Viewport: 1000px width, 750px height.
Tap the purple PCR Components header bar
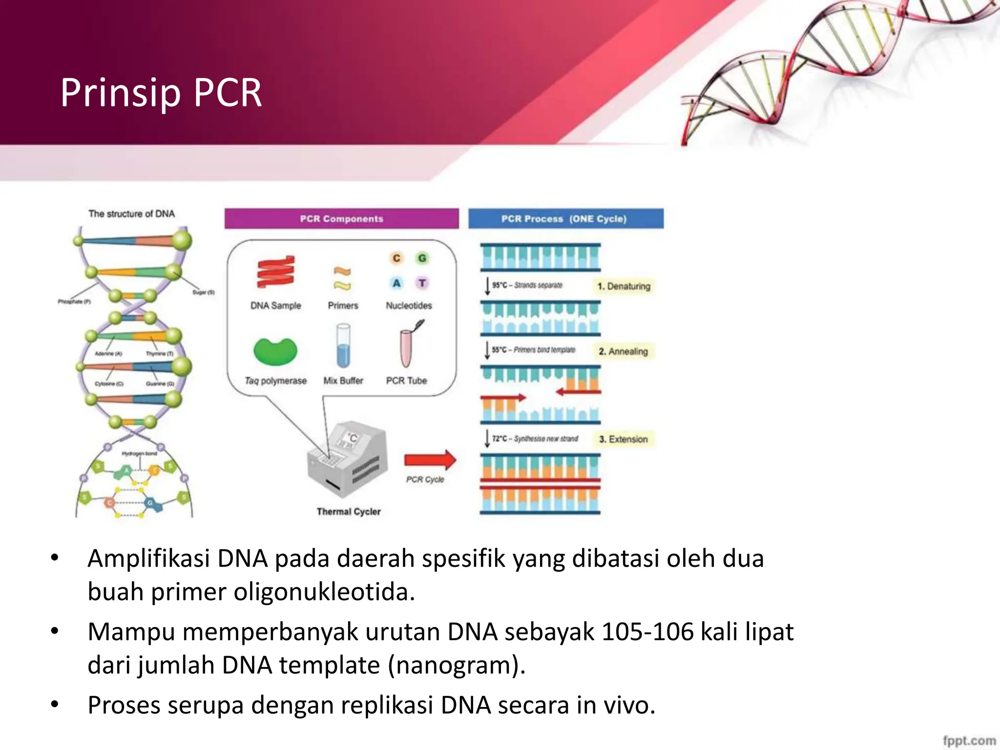coord(341,219)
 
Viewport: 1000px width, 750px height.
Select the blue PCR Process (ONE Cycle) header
coord(565,219)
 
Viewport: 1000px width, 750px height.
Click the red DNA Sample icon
coord(276,271)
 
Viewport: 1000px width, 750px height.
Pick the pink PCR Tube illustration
coord(407,348)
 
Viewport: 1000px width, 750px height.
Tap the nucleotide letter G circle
coord(422,258)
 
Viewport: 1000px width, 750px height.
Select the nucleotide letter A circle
coord(396,283)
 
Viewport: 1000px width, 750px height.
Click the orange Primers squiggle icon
coord(342,278)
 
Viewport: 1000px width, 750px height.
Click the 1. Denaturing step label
coord(624,286)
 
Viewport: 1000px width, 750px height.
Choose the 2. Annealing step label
coord(624,352)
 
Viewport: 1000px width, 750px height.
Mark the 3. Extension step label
coord(624,439)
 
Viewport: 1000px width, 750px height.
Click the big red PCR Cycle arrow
coord(430,460)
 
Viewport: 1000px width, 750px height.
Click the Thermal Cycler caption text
coord(348,512)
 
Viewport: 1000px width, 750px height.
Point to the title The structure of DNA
coord(131,214)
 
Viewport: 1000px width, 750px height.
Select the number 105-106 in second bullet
coord(647,632)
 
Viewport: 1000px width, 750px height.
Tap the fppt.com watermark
coord(969,740)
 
